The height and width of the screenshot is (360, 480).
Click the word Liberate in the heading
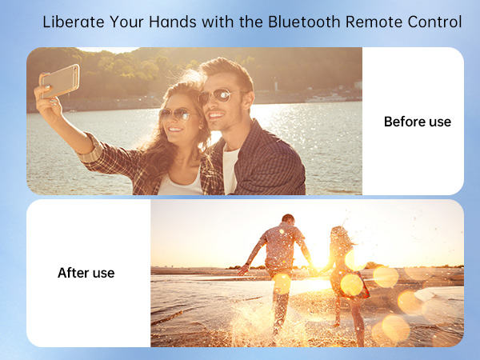coord(70,22)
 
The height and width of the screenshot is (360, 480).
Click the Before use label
coord(417,122)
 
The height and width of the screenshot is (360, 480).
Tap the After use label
coord(86,273)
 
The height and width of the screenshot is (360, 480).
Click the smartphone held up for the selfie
coord(60,80)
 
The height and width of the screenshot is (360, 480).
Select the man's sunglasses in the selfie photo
coord(217,98)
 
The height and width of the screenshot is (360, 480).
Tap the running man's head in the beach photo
coord(288,220)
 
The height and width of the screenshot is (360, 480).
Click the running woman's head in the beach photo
coord(339,234)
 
